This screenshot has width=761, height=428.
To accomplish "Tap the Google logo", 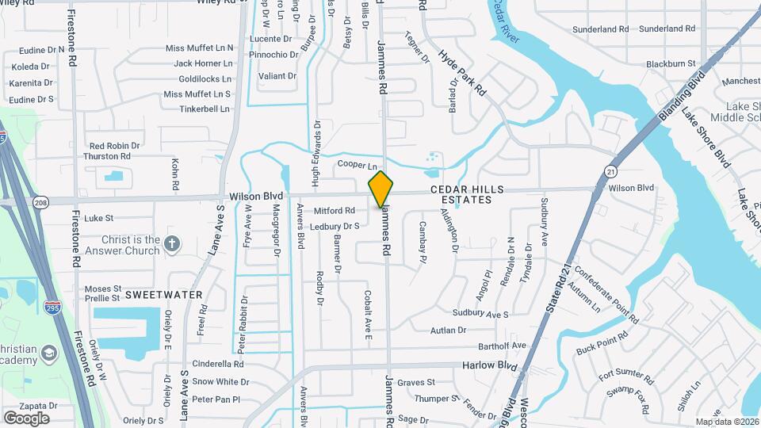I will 26,418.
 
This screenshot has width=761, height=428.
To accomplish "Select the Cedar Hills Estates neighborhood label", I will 461,194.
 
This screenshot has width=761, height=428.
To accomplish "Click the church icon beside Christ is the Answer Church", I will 173,242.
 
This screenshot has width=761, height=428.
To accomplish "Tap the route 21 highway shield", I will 610,170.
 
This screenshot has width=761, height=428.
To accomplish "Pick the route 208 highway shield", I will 40,202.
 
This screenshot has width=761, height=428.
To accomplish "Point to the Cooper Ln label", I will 357,165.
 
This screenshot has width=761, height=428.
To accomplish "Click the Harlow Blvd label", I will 488,366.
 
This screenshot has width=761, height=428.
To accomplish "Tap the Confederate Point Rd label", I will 606,292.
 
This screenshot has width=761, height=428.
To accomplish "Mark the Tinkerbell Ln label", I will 204,109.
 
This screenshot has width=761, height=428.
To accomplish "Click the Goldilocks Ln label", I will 205,79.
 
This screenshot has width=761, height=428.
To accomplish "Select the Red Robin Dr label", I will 114,146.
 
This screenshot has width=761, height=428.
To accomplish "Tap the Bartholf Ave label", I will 503,346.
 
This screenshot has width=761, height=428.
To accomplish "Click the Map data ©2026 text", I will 727,422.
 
